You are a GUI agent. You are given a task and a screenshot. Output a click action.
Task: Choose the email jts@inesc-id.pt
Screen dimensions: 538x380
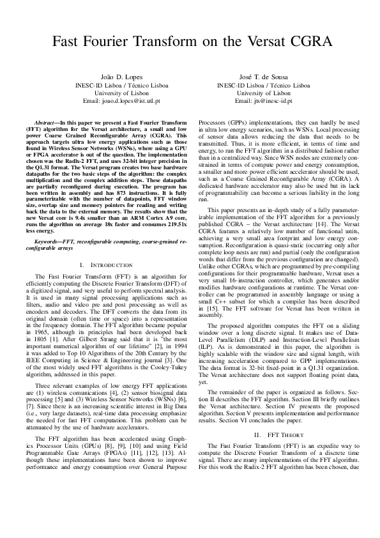coord(263,101)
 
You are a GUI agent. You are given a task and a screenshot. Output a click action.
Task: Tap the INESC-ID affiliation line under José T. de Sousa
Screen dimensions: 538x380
coord(263,84)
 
